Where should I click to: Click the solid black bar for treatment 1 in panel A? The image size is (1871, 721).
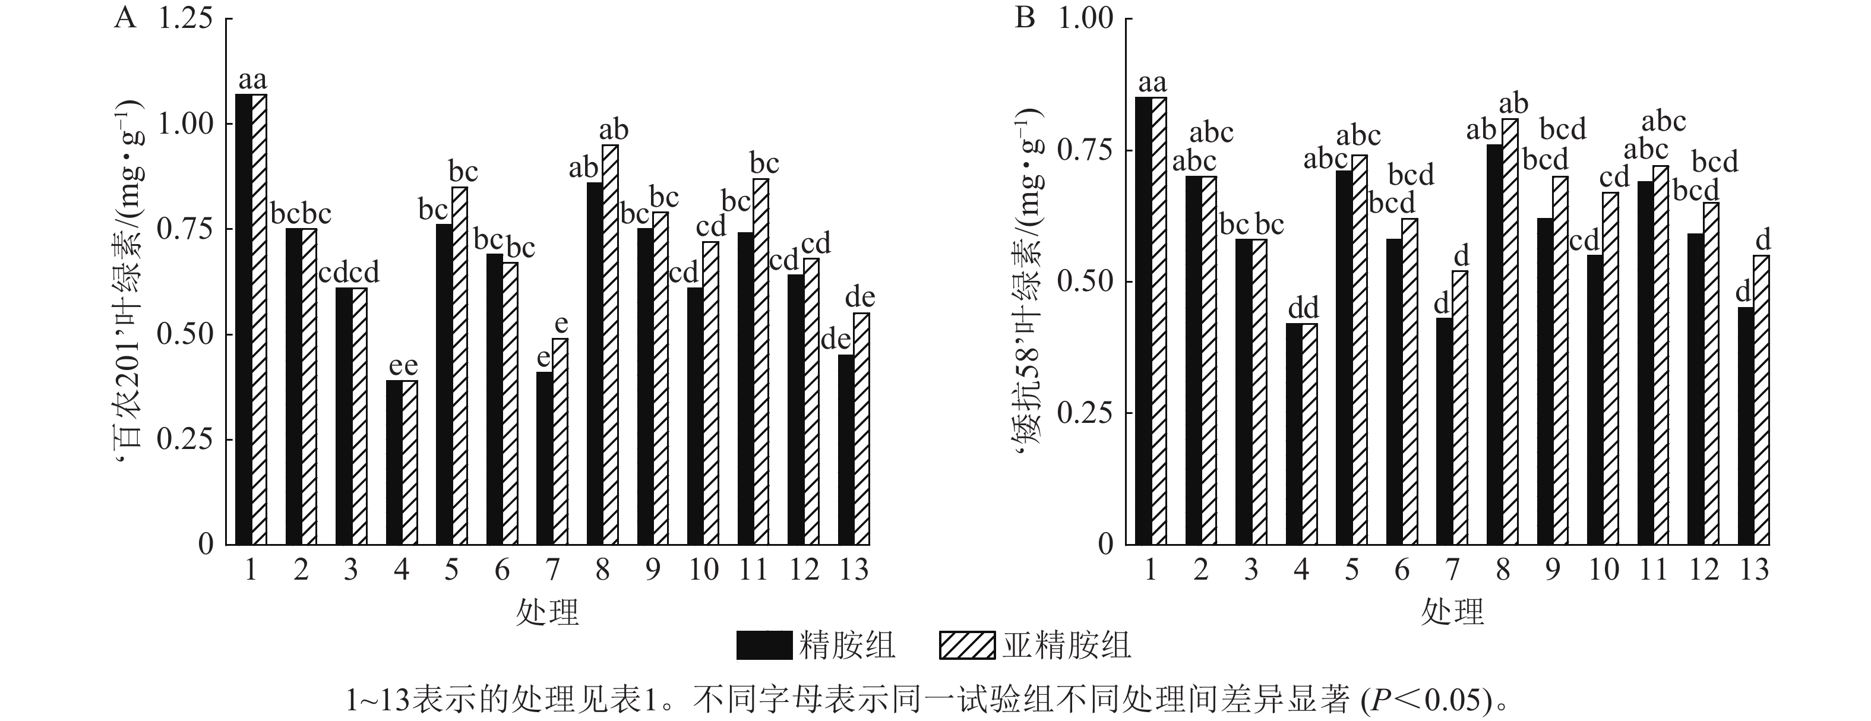[244, 320]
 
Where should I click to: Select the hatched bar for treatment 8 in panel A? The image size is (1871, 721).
[610, 345]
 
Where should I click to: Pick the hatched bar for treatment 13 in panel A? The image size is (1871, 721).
[861, 428]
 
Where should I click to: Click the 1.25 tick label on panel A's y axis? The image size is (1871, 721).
[186, 18]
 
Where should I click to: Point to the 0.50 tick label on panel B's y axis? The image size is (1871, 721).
[1085, 281]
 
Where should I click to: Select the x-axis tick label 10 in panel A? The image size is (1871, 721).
[703, 570]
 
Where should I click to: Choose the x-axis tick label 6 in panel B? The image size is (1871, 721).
[1402, 570]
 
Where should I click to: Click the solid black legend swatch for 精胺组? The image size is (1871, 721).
[763, 645]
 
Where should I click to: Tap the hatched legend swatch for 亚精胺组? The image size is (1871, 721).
[967, 645]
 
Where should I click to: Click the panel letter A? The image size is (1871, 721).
[125, 17]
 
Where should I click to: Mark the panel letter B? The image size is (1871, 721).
[1024, 17]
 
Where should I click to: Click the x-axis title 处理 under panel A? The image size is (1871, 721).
[548, 612]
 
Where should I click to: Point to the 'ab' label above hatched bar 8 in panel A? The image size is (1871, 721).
[614, 130]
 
